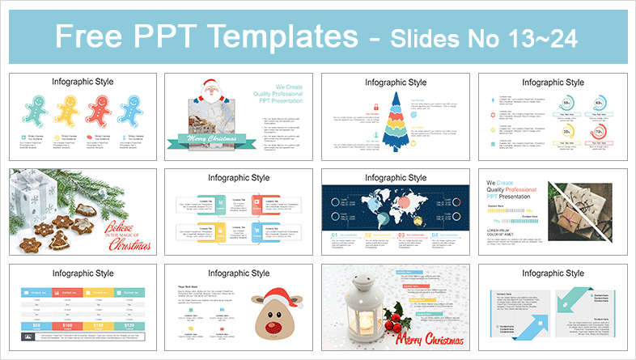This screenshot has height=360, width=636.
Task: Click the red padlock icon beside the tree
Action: tap(375, 107)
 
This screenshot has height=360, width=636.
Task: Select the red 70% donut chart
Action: tap(600, 130)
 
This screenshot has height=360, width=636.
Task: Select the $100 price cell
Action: tap(66, 324)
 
